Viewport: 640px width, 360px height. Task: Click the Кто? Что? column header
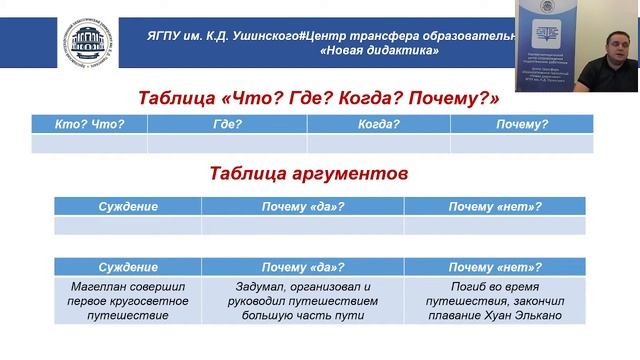tap(89, 124)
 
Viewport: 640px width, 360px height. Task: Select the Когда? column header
tap(378, 124)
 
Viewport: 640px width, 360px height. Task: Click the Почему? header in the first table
tap(521, 124)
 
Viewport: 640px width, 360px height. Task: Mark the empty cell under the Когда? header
tap(378, 143)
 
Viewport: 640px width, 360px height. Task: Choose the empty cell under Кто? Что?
tap(89, 143)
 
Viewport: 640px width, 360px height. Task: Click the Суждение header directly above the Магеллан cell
tap(128, 268)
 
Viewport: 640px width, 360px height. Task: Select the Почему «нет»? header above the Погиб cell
tap(494, 268)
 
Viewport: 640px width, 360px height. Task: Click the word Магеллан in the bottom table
tap(96, 285)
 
